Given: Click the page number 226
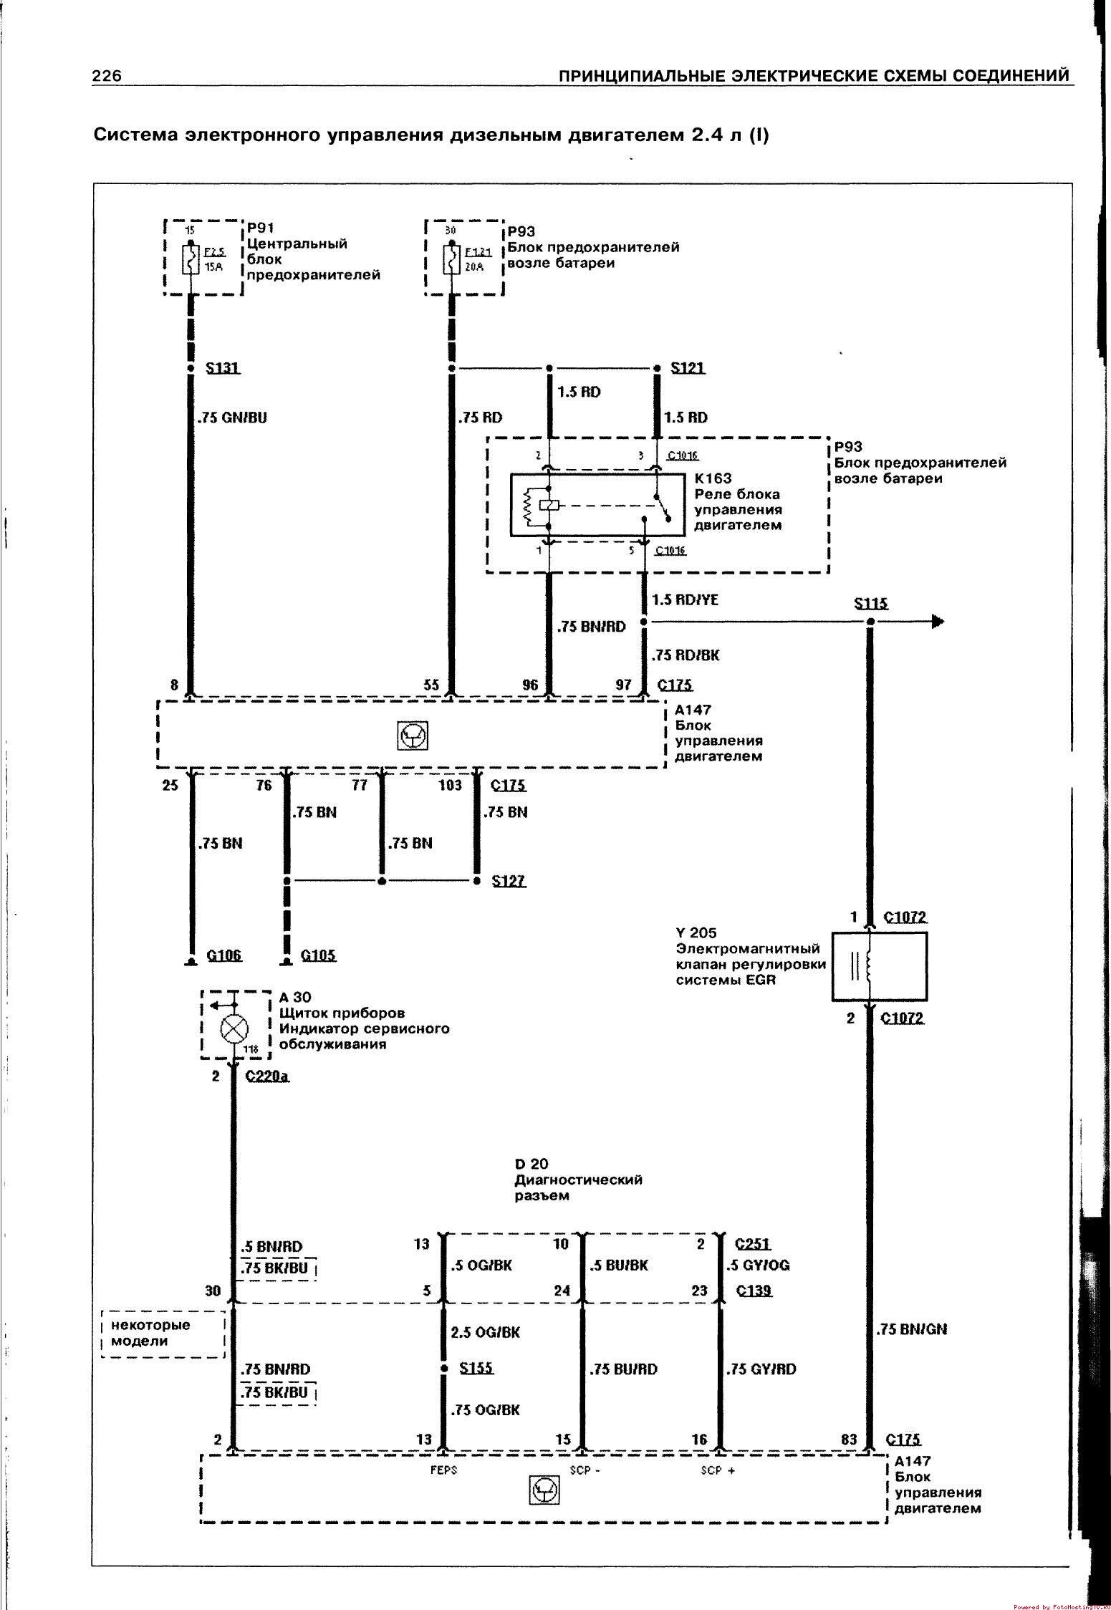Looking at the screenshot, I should pos(107,76).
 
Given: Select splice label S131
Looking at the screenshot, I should pos(223,368).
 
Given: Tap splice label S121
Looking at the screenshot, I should pos(688,368).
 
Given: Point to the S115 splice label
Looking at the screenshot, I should pos(871,604).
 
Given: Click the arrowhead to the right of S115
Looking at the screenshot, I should pos(938,622).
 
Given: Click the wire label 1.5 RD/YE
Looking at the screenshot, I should pos(685,600).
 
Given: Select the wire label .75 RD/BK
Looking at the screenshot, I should pos(686,655).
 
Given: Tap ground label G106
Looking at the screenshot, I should pos(224,955).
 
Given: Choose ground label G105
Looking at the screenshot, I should pos(319,955).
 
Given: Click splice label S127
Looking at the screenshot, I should pos(509,881).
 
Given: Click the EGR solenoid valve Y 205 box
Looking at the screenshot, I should pos(879,966).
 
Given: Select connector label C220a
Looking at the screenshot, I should pos(267,1076).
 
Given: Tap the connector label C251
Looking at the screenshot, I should pos(753,1244).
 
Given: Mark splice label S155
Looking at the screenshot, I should pos(476,1368).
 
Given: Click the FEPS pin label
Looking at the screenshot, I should pos(444,1470).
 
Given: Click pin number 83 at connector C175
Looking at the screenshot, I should pos(850,1439).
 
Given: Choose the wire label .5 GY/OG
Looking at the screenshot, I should pos(758,1266).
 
